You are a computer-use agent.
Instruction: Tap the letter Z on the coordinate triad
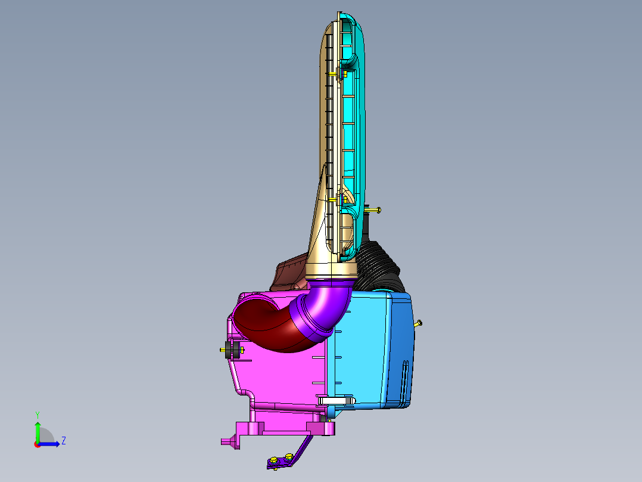64,441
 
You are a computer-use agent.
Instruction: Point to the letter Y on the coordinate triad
38,415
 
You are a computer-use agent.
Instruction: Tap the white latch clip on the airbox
336,400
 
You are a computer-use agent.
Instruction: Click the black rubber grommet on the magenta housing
232,350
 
